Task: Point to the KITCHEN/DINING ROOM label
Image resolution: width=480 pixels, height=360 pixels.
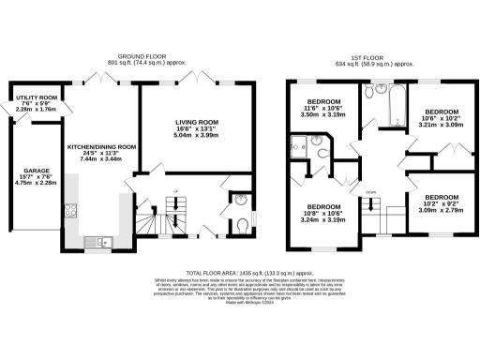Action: coord(101,147)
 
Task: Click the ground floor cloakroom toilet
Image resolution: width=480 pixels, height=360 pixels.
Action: coord(242,222)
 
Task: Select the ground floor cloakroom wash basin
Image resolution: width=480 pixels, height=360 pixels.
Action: coord(241,200)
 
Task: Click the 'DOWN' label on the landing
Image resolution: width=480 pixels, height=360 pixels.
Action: coord(371,192)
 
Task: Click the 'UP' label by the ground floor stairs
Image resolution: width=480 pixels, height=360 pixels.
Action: coord(177,188)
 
